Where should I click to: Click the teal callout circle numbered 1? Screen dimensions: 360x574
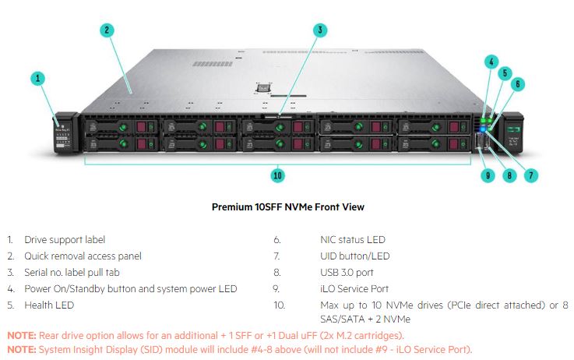click(x=39, y=78)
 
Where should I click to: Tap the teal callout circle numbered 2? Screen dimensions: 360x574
click(x=107, y=30)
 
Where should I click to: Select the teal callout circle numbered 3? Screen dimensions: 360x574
click(x=319, y=30)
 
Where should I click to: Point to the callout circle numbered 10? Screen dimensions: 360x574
click(x=277, y=175)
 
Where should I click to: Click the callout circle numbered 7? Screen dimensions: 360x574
click(x=532, y=175)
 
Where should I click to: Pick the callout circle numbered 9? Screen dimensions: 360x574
click(x=488, y=175)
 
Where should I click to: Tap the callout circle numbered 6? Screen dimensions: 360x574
click(x=519, y=83)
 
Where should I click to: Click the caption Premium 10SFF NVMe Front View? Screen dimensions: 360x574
click(x=287, y=207)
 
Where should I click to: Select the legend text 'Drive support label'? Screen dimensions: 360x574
click(x=65, y=240)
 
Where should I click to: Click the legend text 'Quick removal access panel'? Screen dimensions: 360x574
click(x=83, y=256)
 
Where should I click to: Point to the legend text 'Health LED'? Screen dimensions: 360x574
click(x=49, y=305)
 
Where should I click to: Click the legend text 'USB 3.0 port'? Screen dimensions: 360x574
click(x=341, y=273)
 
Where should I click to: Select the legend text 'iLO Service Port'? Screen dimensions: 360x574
click(x=349, y=289)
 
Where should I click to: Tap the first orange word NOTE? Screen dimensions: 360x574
click(x=21, y=335)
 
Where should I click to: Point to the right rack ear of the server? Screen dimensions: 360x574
click(x=513, y=132)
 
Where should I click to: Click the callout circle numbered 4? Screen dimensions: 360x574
click(x=491, y=60)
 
